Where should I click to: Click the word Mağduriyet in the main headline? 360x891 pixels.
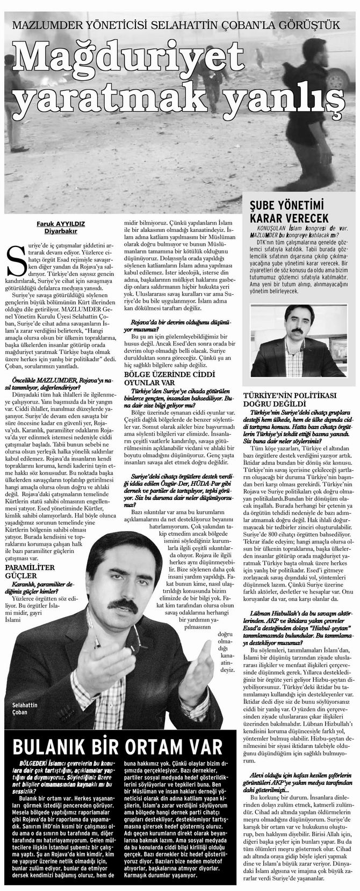coord(129,58)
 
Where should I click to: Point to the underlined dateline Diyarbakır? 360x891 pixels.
coord(47,231)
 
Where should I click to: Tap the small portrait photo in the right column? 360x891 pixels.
coord(297,348)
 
